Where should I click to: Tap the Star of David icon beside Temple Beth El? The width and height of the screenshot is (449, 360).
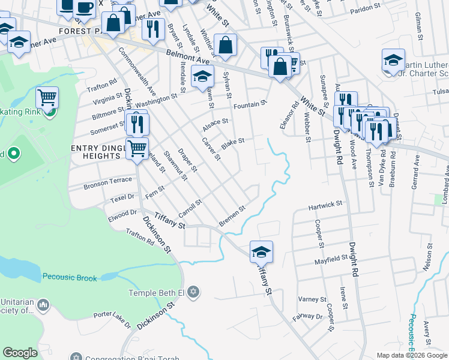[x=192, y=293]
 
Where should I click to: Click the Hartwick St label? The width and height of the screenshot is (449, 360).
[x=325, y=205]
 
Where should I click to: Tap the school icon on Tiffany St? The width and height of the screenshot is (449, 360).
[x=261, y=251]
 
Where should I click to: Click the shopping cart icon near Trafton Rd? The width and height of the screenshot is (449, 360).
[x=47, y=97]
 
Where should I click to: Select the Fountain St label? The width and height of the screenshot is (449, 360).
[x=250, y=104]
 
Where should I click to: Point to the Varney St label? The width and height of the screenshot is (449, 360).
[x=312, y=299]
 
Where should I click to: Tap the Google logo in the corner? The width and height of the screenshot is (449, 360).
[x=20, y=353]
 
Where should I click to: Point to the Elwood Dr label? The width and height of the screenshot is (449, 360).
[x=122, y=213]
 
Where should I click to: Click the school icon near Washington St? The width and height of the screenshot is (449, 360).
[x=202, y=76]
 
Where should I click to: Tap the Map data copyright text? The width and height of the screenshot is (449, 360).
[x=412, y=355]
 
